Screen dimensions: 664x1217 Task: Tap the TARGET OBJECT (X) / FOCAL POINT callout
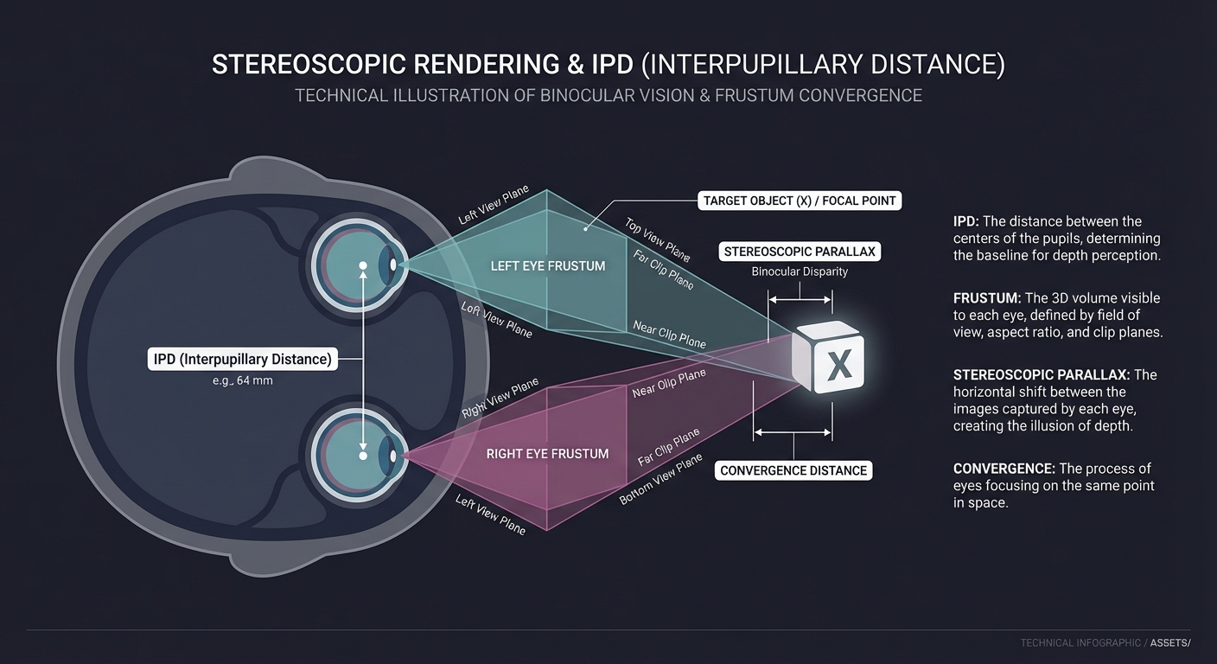click(799, 201)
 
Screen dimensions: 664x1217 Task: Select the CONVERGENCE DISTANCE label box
click(793, 470)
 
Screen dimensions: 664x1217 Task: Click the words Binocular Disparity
click(800, 271)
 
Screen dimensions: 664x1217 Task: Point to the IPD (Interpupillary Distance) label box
click(243, 360)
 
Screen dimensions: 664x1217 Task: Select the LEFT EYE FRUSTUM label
click(548, 265)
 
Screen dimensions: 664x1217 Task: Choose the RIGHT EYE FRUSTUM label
click(547, 453)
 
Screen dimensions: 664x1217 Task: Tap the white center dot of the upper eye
click(363, 265)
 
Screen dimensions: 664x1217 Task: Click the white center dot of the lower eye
click(363, 455)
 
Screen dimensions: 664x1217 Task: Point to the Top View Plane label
click(657, 239)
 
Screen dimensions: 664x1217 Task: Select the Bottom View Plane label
click(661, 481)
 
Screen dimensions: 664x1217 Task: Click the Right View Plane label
click(500, 398)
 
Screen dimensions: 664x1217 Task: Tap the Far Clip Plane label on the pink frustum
click(668, 447)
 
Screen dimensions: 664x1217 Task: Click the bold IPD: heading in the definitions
click(965, 221)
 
